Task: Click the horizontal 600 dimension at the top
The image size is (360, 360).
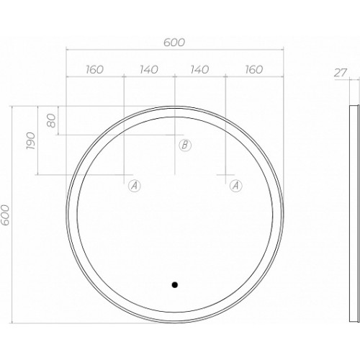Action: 174,42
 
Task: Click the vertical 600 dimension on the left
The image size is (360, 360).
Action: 5,215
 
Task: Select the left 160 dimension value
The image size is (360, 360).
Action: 95,70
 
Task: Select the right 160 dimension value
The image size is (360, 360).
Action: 254,70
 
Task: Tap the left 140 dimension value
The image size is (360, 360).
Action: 149,70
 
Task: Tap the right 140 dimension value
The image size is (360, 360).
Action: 199,70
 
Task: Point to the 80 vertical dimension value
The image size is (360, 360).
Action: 51,120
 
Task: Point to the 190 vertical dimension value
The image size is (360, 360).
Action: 31,140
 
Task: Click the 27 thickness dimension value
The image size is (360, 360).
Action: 341,73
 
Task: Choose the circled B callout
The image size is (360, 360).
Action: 185,145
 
